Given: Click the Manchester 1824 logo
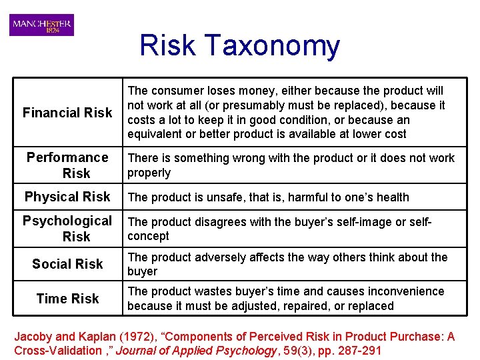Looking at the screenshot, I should (41, 25).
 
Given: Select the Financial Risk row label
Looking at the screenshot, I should (67, 113).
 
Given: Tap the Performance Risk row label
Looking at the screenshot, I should (67, 165).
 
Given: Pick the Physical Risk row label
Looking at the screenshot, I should (67, 197).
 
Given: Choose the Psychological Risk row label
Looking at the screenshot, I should (67, 228).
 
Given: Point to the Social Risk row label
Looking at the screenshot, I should (67, 264).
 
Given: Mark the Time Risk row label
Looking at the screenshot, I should (67, 299).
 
